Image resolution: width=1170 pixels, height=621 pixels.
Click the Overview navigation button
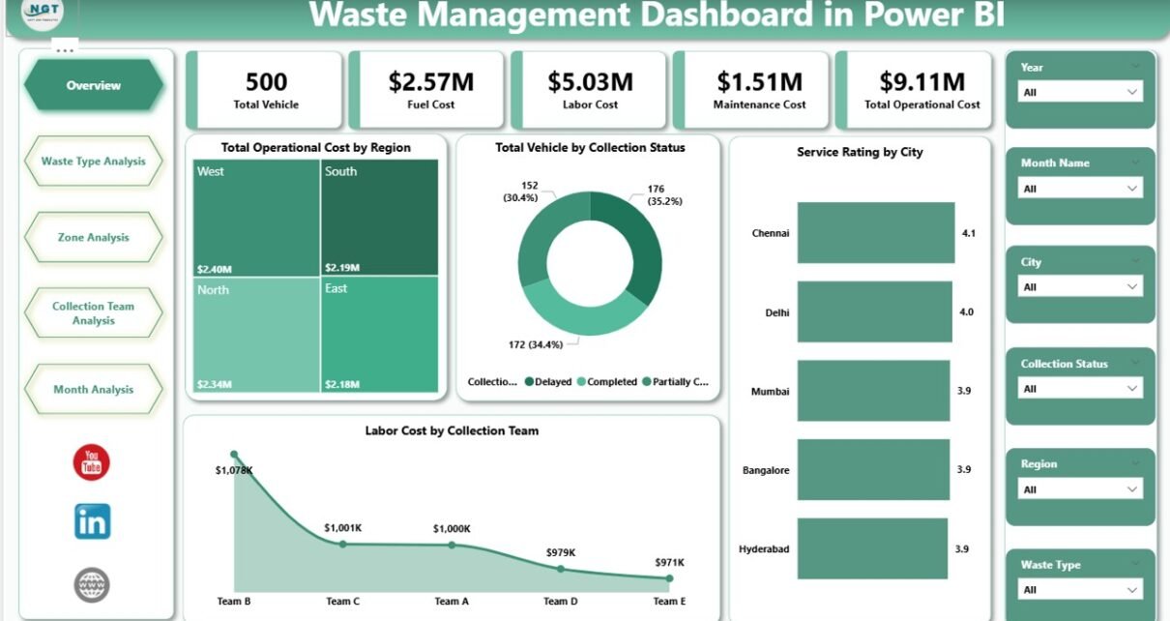(x=93, y=86)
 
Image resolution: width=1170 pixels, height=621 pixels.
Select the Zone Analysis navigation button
(x=93, y=238)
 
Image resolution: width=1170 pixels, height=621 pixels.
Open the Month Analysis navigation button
(x=93, y=390)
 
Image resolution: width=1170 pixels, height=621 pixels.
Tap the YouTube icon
(x=92, y=462)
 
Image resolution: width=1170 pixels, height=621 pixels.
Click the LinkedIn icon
(x=92, y=521)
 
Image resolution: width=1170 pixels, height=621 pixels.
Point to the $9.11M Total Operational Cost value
(x=921, y=81)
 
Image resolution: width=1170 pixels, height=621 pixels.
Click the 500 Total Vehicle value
(x=266, y=81)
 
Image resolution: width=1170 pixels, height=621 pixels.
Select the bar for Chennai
(x=875, y=233)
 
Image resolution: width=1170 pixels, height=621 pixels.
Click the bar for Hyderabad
(x=872, y=548)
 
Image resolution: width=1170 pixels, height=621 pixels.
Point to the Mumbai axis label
(x=770, y=392)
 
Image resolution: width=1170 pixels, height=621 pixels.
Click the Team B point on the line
(x=234, y=454)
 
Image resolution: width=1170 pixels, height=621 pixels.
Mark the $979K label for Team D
(x=561, y=552)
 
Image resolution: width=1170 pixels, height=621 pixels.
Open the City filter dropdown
(x=1081, y=287)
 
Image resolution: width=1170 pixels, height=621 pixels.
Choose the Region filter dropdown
(x=1081, y=489)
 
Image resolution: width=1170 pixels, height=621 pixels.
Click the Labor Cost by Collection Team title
(x=452, y=430)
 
